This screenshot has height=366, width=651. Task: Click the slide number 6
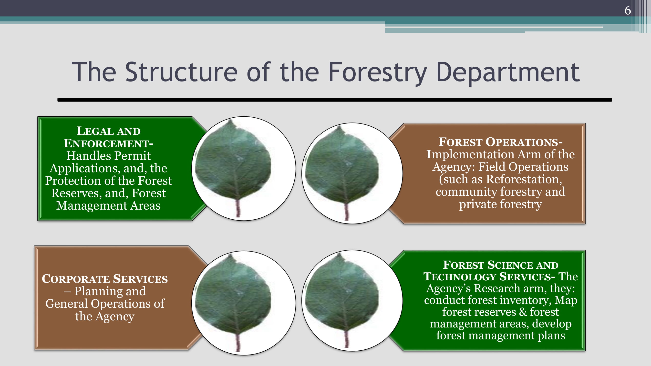click(x=628, y=10)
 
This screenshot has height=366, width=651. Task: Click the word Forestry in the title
click(x=378, y=72)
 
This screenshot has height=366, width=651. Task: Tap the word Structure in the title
click(x=181, y=72)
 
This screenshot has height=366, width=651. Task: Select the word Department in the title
click(x=508, y=73)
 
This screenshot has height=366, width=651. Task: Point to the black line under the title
click(x=335, y=100)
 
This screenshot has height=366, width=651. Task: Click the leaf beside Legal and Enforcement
click(x=233, y=168)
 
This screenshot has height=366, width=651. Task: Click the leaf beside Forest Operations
click(x=342, y=173)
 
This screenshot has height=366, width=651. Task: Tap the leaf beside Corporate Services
click(x=233, y=303)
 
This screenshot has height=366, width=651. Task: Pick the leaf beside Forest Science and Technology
click(x=342, y=301)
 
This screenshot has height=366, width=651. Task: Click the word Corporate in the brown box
click(x=76, y=279)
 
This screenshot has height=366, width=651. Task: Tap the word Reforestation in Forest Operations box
click(x=522, y=179)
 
